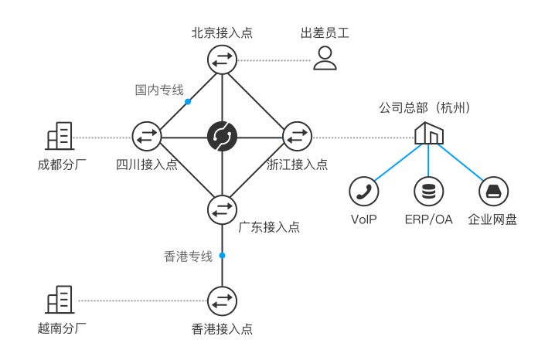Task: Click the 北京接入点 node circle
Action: (x=223, y=59)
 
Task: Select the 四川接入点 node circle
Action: (x=146, y=137)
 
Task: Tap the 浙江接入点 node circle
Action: (x=296, y=137)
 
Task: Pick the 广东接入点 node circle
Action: (x=223, y=209)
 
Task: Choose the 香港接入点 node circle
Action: (x=223, y=300)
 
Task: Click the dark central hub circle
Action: (x=223, y=137)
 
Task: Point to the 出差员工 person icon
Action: (x=325, y=58)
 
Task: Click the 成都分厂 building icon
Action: (x=60, y=137)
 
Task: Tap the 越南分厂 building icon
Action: (x=60, y=300)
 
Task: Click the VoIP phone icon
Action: (x=363, y=191)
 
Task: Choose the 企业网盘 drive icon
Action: (x=492, y=191)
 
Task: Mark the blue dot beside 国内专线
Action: (x=188, y=101)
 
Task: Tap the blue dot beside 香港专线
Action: (x=222, y=255)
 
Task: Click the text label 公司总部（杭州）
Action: (x=424, y=107)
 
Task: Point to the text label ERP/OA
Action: (x=428, y=219)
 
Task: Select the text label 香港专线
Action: (x=188, y=256)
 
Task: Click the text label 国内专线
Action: (x=159, y=90)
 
